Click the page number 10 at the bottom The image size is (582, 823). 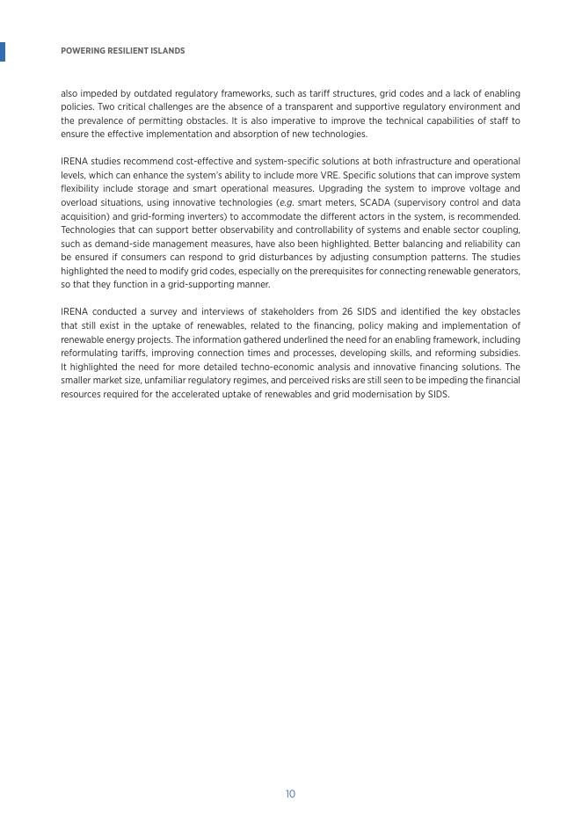(x=290, y=794)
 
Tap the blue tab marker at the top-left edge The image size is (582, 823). (x=3, y=51)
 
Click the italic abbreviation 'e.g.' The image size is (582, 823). (x=286, y=202)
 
